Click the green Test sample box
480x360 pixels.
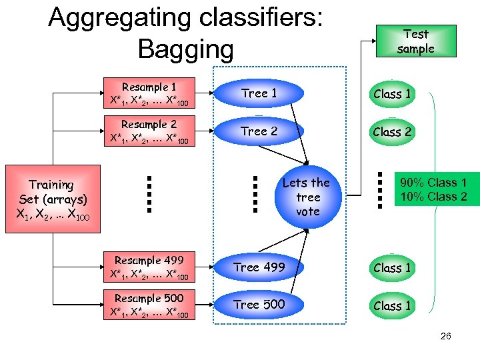point(415,41)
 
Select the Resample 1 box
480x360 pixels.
point(149,94)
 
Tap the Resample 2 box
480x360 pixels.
point(149,131)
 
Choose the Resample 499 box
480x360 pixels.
point(149,267)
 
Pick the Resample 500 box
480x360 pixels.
point(149,305)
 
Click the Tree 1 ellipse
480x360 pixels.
point(259,94)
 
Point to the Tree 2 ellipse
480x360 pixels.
point(259,131)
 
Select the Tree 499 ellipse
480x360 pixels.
point(259,267)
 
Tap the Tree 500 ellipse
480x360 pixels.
point(259,305)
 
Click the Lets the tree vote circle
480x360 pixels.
point(307,197)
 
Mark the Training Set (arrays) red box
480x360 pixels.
point(52,199)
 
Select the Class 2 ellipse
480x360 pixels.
point(392,132)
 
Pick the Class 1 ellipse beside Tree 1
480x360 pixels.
point(392,94)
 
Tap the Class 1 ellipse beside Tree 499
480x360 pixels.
point(392,268)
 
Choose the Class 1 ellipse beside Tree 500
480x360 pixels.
point(392,306)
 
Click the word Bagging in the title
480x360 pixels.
point(185,49)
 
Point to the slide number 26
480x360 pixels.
point(445,336)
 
